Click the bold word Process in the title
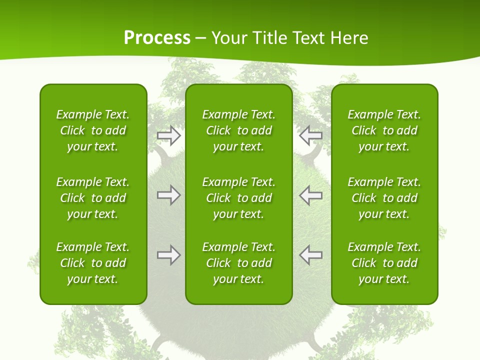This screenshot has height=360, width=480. (x=157, y=38)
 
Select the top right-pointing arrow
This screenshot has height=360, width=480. (x=169, y=135)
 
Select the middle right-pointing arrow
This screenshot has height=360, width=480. (x=169, y=195)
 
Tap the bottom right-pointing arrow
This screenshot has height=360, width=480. (x=169, y=255)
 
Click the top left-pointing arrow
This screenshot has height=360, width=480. (x=310, y=135)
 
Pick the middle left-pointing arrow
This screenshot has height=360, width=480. (x=310, y=195)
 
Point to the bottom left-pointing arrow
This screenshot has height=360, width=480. (x=310, y=255)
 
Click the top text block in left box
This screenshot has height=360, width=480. (x=93, y=130)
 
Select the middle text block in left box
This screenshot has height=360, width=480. (x=93, y=198)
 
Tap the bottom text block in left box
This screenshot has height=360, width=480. (x=93, y=263)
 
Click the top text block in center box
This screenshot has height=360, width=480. (x=238, y=130)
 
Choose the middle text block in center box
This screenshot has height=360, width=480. (x=238, y=198)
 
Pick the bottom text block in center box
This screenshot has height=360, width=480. (x=238, y=263)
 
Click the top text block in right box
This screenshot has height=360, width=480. (x=384, y=130)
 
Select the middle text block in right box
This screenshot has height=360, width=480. (x=384, y=198)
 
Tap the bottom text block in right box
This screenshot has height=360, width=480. (x=384, y=263)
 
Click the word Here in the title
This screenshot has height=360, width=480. (x=350, y=38)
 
